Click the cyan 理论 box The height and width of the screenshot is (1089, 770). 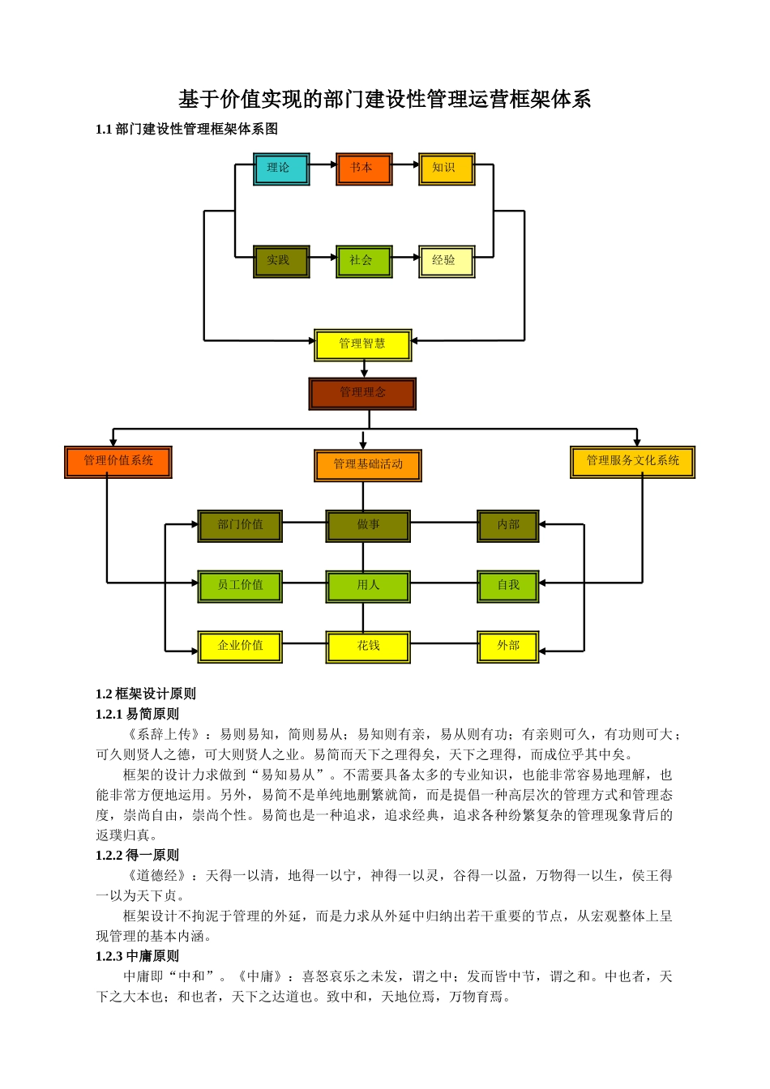coord(281,169)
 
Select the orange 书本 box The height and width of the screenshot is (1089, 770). coord(364,169)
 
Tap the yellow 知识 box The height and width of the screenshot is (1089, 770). coord(447,169)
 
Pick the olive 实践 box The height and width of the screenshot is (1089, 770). coord(281,261)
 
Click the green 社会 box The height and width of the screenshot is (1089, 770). coord(364,261)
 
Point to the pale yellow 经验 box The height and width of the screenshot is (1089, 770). coord(447,261)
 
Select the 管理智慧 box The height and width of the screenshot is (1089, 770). coord(363,344)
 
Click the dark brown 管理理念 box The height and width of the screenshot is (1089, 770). coord(362,393)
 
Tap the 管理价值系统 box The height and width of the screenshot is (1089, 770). coord(118,461)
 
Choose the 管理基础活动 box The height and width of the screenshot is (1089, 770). coord(368,464)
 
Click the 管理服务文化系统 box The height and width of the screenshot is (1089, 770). coord(633,461)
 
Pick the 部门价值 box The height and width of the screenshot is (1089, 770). coord(240,525)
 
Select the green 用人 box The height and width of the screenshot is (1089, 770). coord(368,585)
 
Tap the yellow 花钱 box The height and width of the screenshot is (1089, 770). coord(368,646)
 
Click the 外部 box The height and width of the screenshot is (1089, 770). coord(508,646)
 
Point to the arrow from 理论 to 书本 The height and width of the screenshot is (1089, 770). coord(323,164)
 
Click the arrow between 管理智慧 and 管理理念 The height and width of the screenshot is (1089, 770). coord(364,369)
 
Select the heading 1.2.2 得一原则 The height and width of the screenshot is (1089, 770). coord(137,855)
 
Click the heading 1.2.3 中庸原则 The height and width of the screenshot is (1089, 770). coord(137,956)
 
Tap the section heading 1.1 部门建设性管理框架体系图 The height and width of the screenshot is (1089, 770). coord(186,129)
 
